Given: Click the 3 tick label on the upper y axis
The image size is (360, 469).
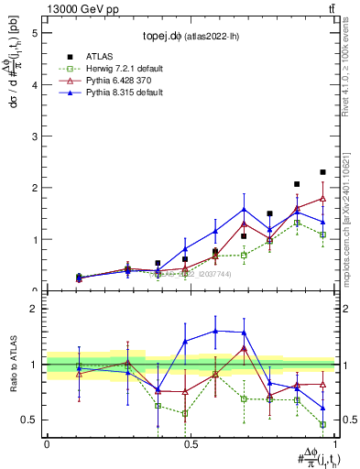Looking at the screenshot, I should (33, 136).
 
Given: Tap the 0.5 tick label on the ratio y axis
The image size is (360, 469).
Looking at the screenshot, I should (28, 420).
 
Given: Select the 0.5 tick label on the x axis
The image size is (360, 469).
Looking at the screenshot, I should (191, 442).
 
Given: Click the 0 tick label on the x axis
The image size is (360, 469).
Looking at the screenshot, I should (47, 442).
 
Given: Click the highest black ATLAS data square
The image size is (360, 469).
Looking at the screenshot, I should (322, 172).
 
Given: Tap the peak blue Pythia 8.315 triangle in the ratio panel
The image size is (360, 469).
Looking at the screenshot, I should (215, 331).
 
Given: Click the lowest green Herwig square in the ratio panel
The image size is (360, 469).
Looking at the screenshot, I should (322, 424).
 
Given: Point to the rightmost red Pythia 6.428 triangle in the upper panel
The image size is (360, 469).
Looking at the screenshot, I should (322, 198).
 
